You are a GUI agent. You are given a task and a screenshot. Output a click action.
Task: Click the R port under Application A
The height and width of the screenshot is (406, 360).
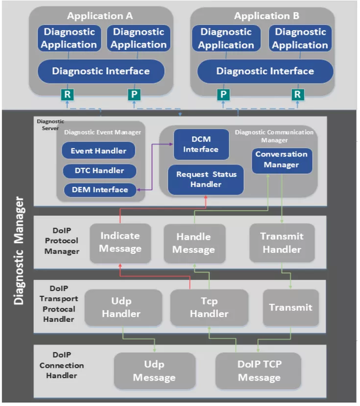(x=67, y=95)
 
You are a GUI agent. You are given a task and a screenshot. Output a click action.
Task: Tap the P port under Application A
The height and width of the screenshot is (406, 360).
(x=134, y=95)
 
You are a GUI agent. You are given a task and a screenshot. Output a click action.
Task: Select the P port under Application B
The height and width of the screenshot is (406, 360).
(x=223, y=95)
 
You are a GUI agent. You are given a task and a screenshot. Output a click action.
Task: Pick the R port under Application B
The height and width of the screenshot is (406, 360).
(x=297, y=95)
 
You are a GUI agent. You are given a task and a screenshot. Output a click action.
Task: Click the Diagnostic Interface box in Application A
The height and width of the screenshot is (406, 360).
(x=101, y=71)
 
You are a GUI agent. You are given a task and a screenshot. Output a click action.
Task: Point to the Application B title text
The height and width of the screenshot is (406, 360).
(x=267, y=16)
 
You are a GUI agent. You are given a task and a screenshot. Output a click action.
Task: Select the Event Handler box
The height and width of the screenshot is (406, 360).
(x=99, y=150)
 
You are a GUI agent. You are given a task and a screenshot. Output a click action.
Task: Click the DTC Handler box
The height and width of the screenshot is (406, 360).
(x=99, y=171)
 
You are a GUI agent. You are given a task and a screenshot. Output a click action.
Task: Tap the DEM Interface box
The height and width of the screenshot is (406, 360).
(x=100, y=190)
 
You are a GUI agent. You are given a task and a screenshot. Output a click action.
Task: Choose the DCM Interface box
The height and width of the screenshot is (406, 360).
(x=201, y=144)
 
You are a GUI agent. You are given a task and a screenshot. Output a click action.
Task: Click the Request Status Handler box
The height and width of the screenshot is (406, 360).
(x=206, y=179)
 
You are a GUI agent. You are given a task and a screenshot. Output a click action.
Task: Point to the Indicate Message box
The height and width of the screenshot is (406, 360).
(x=120, y=243)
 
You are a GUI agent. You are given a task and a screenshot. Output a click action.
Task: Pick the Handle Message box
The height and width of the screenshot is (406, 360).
(x=195, y=244)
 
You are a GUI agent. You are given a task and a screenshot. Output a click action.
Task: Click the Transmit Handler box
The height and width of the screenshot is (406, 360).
(x=282, y=243)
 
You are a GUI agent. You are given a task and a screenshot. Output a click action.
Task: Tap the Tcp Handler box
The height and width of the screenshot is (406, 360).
(x=209, y=307)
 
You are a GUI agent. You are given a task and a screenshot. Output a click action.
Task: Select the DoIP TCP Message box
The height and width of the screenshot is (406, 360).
(x=258, y=371)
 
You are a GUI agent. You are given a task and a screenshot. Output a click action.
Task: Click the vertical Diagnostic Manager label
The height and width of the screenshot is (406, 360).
(x=19, y=251)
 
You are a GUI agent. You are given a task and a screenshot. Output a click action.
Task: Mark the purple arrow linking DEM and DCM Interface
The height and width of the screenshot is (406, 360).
(x=152, y=167)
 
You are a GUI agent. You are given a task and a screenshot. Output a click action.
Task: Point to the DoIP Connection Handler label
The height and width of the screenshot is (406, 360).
(x=62, y=365)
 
